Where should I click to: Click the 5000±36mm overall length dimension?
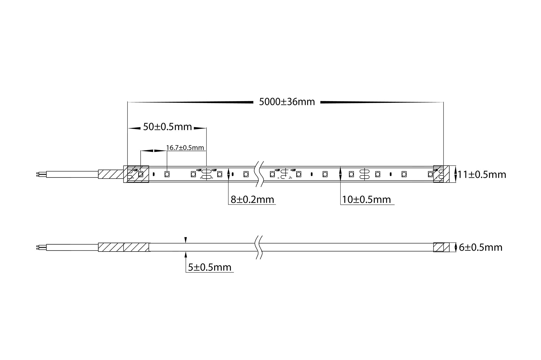click(287, 102)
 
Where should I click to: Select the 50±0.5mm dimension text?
click(167, 127)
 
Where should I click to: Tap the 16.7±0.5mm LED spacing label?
click(185, 148)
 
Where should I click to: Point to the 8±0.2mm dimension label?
click(252, 200)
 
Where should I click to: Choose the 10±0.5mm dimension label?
click(367, 200)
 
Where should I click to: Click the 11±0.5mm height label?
click(482, 175)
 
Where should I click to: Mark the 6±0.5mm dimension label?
click(480, 247)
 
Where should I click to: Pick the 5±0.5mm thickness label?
click(210, 267)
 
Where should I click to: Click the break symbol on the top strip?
click(259, 174)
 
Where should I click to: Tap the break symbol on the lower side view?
click(259, 247)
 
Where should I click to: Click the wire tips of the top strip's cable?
click(38, 174)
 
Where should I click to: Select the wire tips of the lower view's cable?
click(38, 247)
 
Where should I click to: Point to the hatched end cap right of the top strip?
click(441, 174)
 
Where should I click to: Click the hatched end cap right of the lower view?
click(441, 247)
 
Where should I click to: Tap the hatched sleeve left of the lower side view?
click(123, 247)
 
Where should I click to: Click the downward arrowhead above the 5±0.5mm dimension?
click(186, 240)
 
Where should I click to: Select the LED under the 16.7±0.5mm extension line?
click(167, 174)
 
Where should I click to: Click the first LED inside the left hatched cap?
click(141, 174)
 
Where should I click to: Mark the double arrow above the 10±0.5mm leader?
click(340, 174)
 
